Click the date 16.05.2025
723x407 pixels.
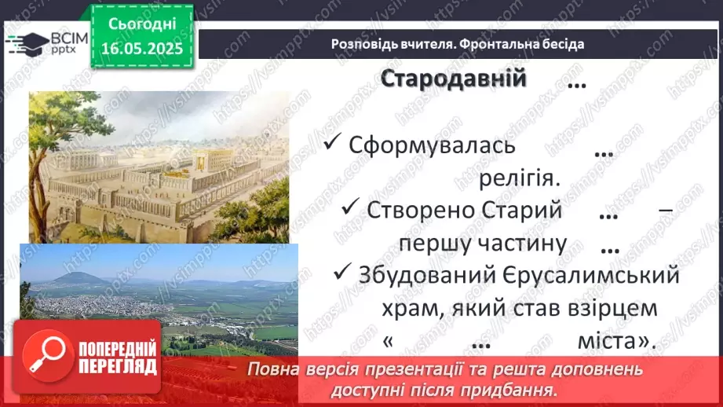tap(141, 48)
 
